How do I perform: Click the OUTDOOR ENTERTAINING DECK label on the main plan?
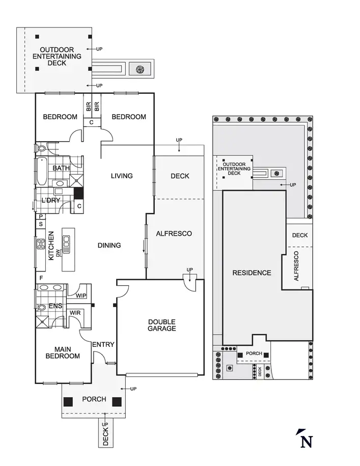click(57, 57)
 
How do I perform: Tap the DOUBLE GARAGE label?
click(162, 325)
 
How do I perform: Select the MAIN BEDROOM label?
click(63, 352)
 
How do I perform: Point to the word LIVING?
click(122, 176)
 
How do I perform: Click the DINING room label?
click(109, 245)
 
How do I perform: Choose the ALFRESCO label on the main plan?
click(174, 233)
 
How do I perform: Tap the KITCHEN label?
click(51, 246)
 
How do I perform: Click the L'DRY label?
click(51, 200)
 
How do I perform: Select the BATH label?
click(61, 168)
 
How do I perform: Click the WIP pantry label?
click(81, 295)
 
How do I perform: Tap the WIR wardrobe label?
click(75, 312)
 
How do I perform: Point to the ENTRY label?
click(103, 345)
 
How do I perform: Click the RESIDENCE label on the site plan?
click(252, 272)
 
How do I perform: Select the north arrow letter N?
click(306, 441)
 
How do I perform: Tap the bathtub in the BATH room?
click(41, 172)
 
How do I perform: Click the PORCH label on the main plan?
click(94, 399)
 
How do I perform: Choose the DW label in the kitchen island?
click(59, 253)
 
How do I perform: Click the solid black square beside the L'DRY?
click(78, 194)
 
